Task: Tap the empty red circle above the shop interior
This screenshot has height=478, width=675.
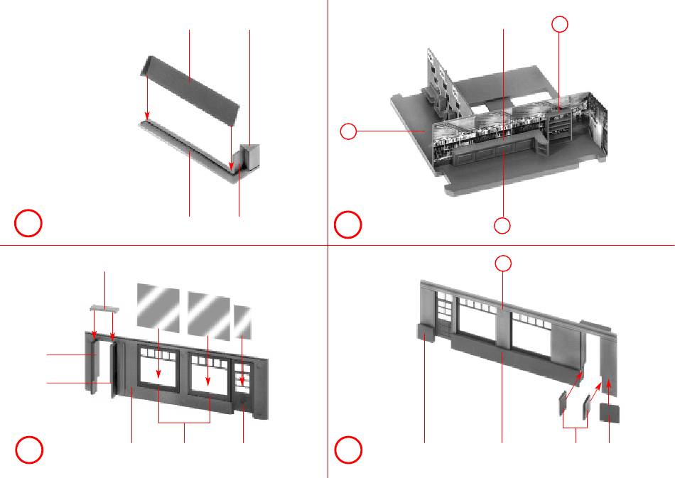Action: [560, 25]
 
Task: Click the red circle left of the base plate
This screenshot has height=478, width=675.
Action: [348, 131]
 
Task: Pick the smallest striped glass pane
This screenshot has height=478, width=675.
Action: [242, 322]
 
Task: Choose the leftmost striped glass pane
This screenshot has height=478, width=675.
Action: [158, 306]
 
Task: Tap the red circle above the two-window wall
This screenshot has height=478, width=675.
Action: [502, 264]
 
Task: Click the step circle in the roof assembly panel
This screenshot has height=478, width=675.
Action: [29, 224]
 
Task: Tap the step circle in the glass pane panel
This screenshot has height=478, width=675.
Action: [29, 450]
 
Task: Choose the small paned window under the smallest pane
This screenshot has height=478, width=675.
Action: [242, 376]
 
